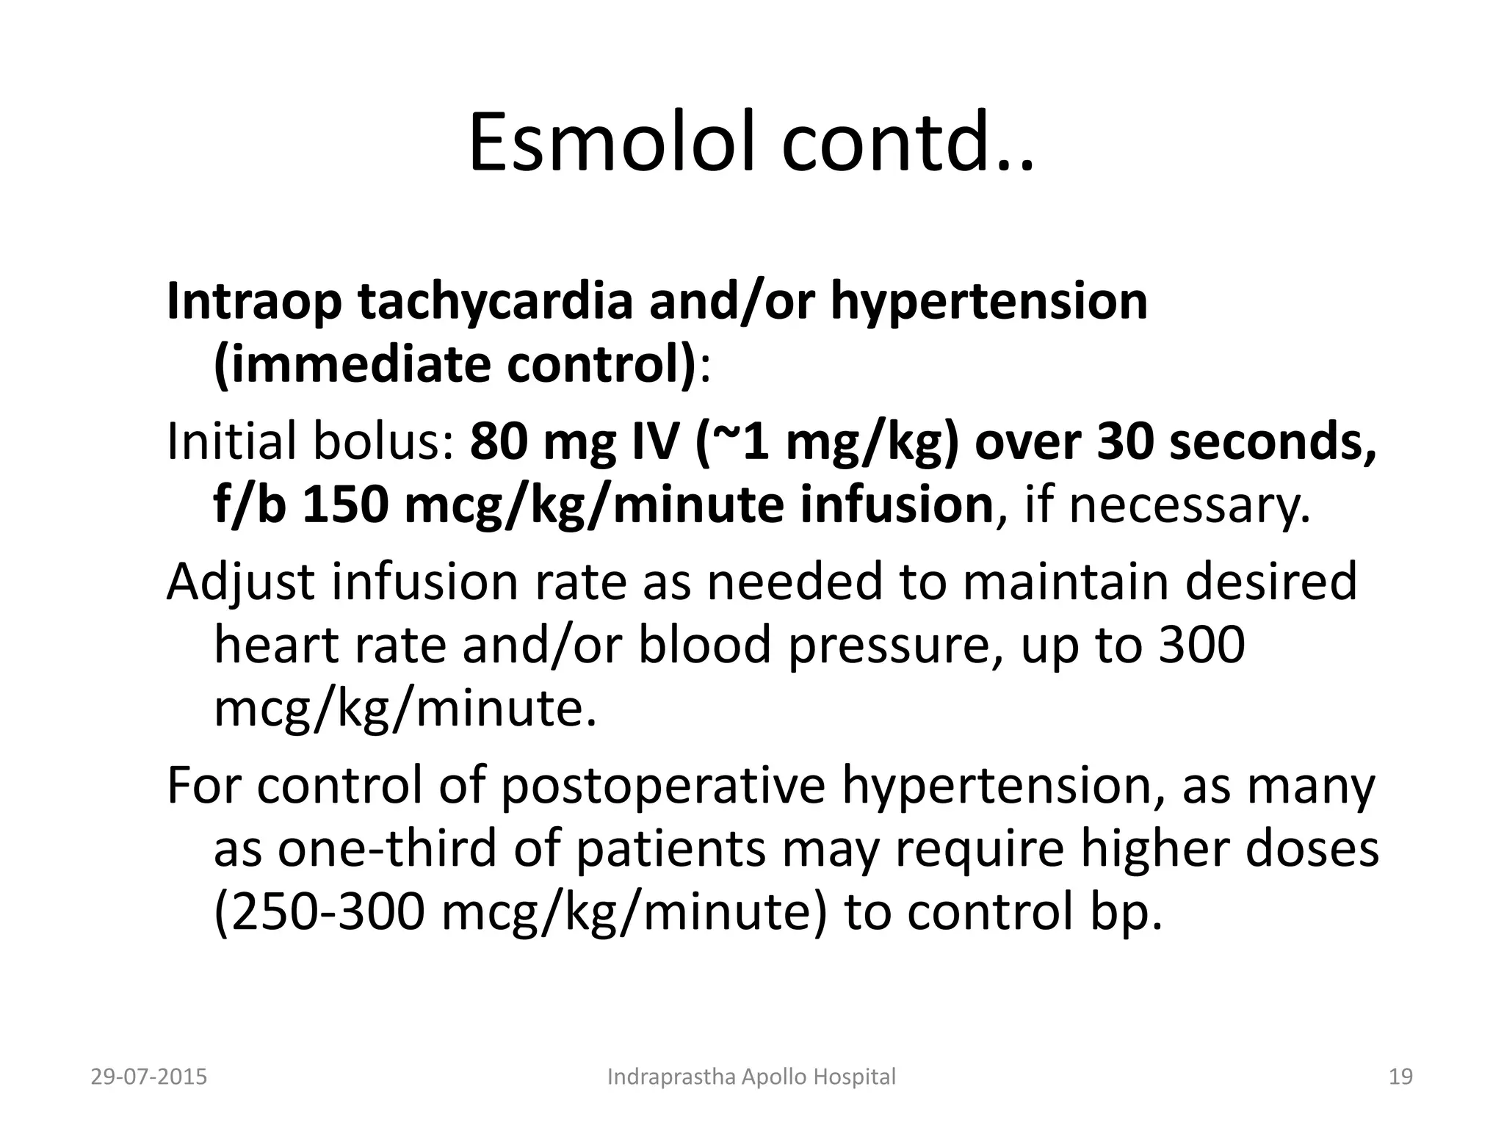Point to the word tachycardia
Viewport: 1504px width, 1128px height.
coord(495,302)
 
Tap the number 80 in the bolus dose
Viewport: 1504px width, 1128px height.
coord(496,442)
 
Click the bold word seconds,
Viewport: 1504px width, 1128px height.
coord(1273,442)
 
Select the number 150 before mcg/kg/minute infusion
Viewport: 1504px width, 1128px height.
coord(344,506)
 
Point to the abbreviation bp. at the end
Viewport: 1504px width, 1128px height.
coord(1127,912)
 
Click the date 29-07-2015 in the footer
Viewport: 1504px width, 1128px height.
coord(149,1077)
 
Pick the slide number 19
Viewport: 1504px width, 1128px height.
coord(1401,1077)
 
